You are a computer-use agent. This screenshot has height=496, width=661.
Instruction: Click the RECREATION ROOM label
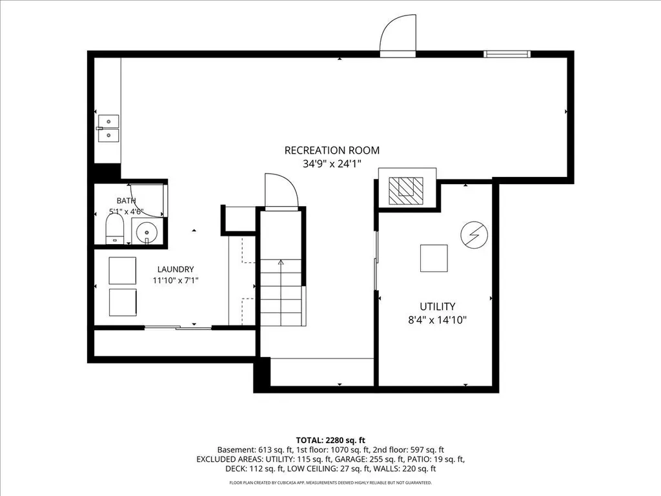tap(332, 150)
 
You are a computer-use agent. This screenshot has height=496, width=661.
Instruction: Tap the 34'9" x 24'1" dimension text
tap(332, 163)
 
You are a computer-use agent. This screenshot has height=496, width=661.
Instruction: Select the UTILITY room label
tap(437, 306)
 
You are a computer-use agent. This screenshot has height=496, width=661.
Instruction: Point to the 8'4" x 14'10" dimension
tap(437, 320)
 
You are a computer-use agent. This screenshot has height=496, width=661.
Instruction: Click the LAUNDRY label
tap(176, 269)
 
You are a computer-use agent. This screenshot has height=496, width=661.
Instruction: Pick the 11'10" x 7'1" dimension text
tap(176, 280)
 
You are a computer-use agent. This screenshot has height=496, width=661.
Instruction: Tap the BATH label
tap(126, 201)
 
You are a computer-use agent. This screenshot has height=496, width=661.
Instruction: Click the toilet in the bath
tap(114, 230)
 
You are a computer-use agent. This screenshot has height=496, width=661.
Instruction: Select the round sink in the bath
tap(147, 232)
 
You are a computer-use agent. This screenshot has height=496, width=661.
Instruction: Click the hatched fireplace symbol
tap(405, 191)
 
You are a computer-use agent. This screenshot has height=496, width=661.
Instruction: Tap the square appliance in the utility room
tap(434, 258)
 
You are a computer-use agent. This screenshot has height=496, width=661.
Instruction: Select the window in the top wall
tap(507, 54)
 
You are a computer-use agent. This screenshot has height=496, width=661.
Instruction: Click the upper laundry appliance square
tap(122, 271)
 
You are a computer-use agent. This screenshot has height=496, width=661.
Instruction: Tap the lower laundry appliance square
tap(122, 302)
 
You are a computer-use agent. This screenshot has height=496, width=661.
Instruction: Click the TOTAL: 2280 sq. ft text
tap(330, 440)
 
